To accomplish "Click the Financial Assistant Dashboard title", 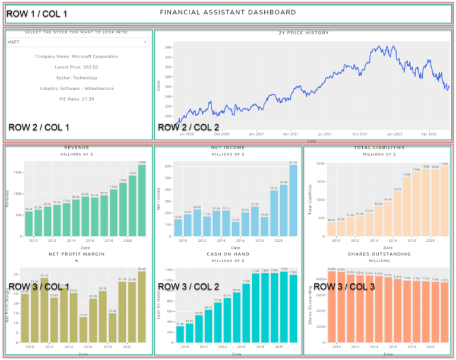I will pyautogui.click(x=228, y=12).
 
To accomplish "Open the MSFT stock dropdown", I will pyautogui.click(x=78, y=42).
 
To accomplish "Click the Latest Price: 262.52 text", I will pyautogui.click(x=77, y=67).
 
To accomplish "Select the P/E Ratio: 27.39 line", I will pyautogui.click(x=77, y=99).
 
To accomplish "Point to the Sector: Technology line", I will pyautogui.click(x=77, y=78).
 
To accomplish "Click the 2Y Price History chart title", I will pyautogui.click(x=303, y=33).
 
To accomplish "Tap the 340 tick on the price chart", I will pyautogui.click(x=167, y=47).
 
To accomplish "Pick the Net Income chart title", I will pyautogui.click(x=228, y=148).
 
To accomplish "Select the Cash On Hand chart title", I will pyautogui.click(x=228, y=254).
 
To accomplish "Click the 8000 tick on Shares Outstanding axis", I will pyautogui.click(x=319, y=279).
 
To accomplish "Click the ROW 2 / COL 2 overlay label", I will pyautogui.click(x=188, y=127).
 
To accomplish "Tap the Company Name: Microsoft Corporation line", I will pyautogui.click(x=77, y=56).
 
